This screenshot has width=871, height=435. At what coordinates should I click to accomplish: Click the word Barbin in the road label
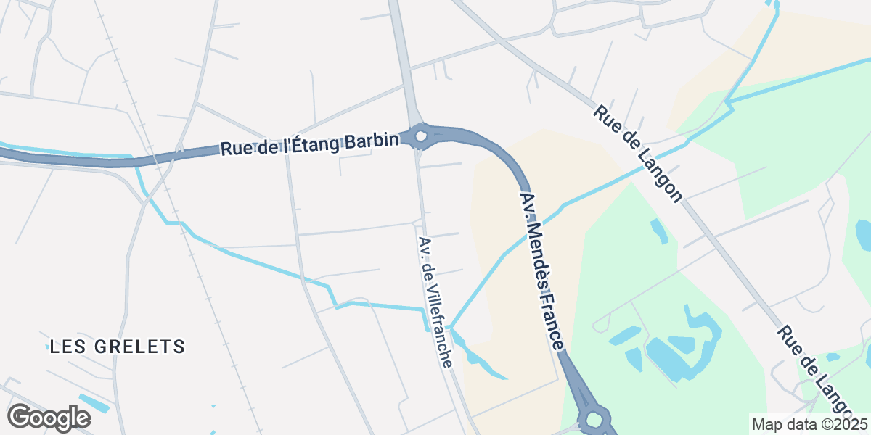coord(371,140)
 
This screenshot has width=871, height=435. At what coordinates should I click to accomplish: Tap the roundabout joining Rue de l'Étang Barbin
coord(420,136)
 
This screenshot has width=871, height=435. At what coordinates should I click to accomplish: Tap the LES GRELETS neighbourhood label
coord(118,347)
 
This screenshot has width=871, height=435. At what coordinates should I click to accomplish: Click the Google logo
coord(49,418)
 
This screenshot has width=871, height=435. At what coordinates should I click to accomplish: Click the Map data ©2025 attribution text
coord(809,424)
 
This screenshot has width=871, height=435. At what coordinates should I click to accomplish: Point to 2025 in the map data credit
coord(850,424)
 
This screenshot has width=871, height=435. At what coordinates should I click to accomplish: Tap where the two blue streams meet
coord(450,327)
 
